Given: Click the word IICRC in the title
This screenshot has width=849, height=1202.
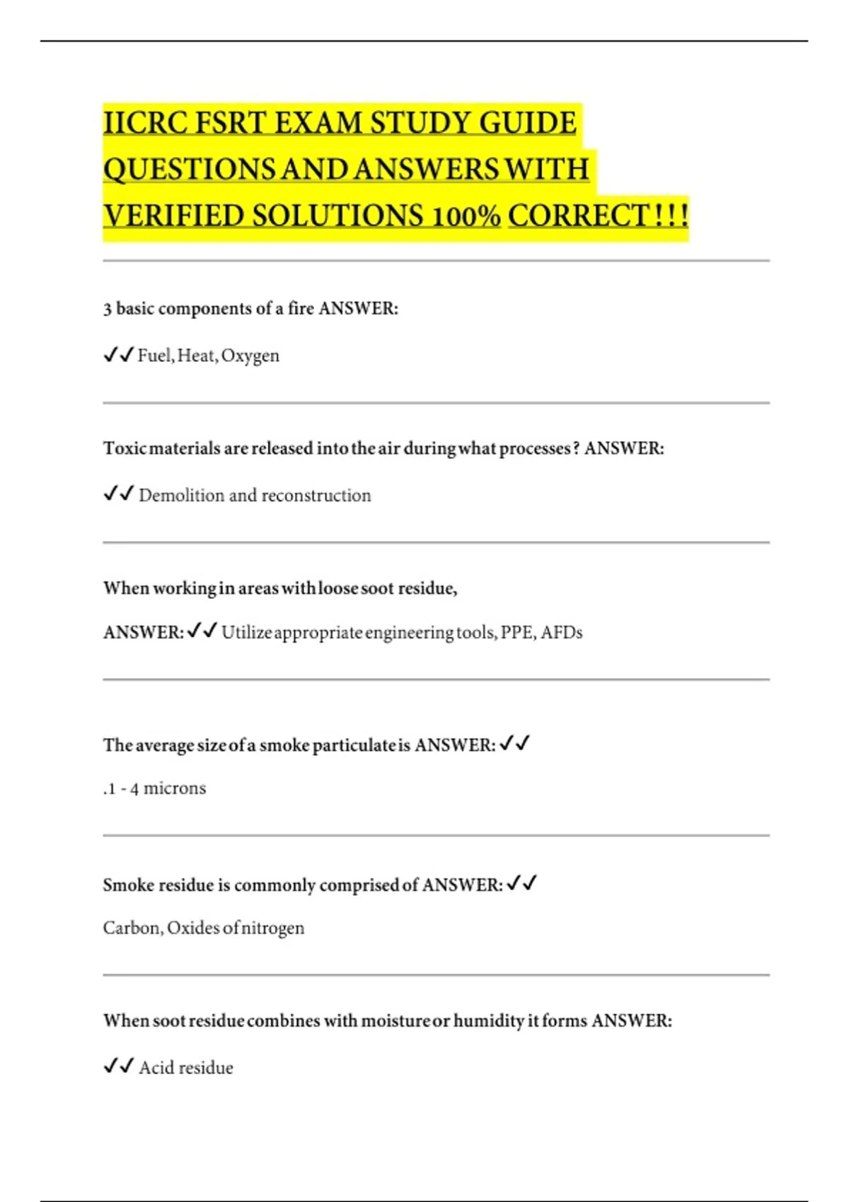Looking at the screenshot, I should point(146,123).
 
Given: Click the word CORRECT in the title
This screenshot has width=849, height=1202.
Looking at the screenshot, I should point(578,216).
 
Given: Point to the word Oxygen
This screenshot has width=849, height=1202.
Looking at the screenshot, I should point(250,356).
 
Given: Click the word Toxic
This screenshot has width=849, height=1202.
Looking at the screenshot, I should point(125,449).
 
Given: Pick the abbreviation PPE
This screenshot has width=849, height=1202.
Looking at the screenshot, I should point(517,633).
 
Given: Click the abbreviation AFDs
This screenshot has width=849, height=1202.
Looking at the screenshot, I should point(562,633).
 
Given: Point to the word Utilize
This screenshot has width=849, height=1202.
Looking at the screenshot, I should point(246,633).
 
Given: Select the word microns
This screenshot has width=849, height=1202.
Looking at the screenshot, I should point(175,788).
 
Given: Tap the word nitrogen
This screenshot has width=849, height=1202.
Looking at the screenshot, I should point(273,928).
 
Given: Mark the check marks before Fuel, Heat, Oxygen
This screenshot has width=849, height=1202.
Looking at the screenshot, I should point(118,355).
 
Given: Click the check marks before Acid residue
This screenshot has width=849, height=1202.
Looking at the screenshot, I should point(118,1066).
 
